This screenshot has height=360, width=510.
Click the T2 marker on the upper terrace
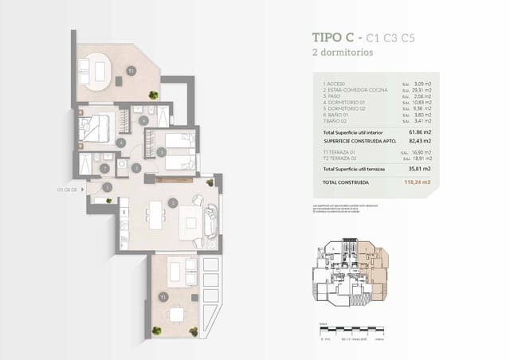[x=130, y=71]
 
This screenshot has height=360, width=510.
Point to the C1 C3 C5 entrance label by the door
[x=67, y=190]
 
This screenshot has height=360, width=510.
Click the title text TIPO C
[x=333, y=37]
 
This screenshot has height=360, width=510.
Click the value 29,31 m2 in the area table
[x=419, y=90]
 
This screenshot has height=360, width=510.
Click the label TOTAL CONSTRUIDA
[x=347, y=182]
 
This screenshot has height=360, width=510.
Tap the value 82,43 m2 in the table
[x=419, y=139]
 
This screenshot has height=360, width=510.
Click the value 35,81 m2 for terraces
[x=419, y=169]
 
